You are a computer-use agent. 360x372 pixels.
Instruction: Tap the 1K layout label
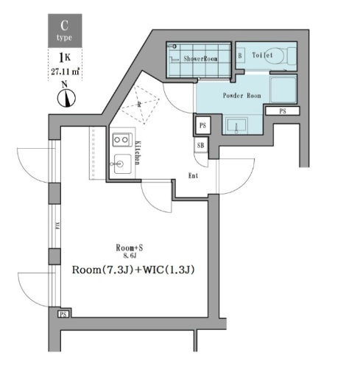(63, 58)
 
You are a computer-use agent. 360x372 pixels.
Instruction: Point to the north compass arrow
(63, 97)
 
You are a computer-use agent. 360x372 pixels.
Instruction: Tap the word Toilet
(262, 55)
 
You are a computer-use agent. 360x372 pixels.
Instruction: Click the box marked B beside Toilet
(240, 55)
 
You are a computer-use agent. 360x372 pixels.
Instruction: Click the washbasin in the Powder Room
(237, 124)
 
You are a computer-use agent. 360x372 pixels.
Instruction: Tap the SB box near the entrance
(201, 146)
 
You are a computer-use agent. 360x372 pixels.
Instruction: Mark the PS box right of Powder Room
(284, 110)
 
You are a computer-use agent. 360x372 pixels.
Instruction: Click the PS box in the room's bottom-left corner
(63, 314)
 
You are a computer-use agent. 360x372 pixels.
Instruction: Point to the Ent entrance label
(194, 175)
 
